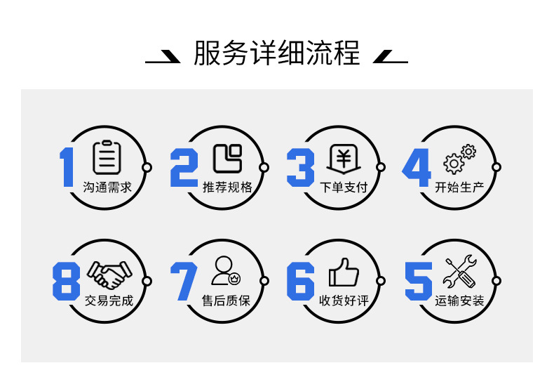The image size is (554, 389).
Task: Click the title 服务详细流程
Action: coord(276,53)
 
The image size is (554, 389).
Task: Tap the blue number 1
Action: coord(67,168)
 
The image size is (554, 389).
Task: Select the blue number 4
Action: coord(416,168)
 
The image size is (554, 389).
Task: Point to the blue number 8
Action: coord(67,282)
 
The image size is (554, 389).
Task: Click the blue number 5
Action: coord(418,282)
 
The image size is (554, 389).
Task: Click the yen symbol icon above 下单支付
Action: coord(343,159)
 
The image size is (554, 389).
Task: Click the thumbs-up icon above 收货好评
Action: coord(344,272)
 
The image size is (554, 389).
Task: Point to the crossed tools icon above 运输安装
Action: coord(460,272)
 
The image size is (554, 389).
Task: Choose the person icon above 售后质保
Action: coord(226,271)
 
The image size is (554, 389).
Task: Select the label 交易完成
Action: coord(109,301)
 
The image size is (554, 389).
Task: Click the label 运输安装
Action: coord(459,301)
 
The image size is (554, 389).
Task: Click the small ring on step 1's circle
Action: coord(147,167)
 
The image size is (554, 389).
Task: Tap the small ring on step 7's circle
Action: coord(264,281)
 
